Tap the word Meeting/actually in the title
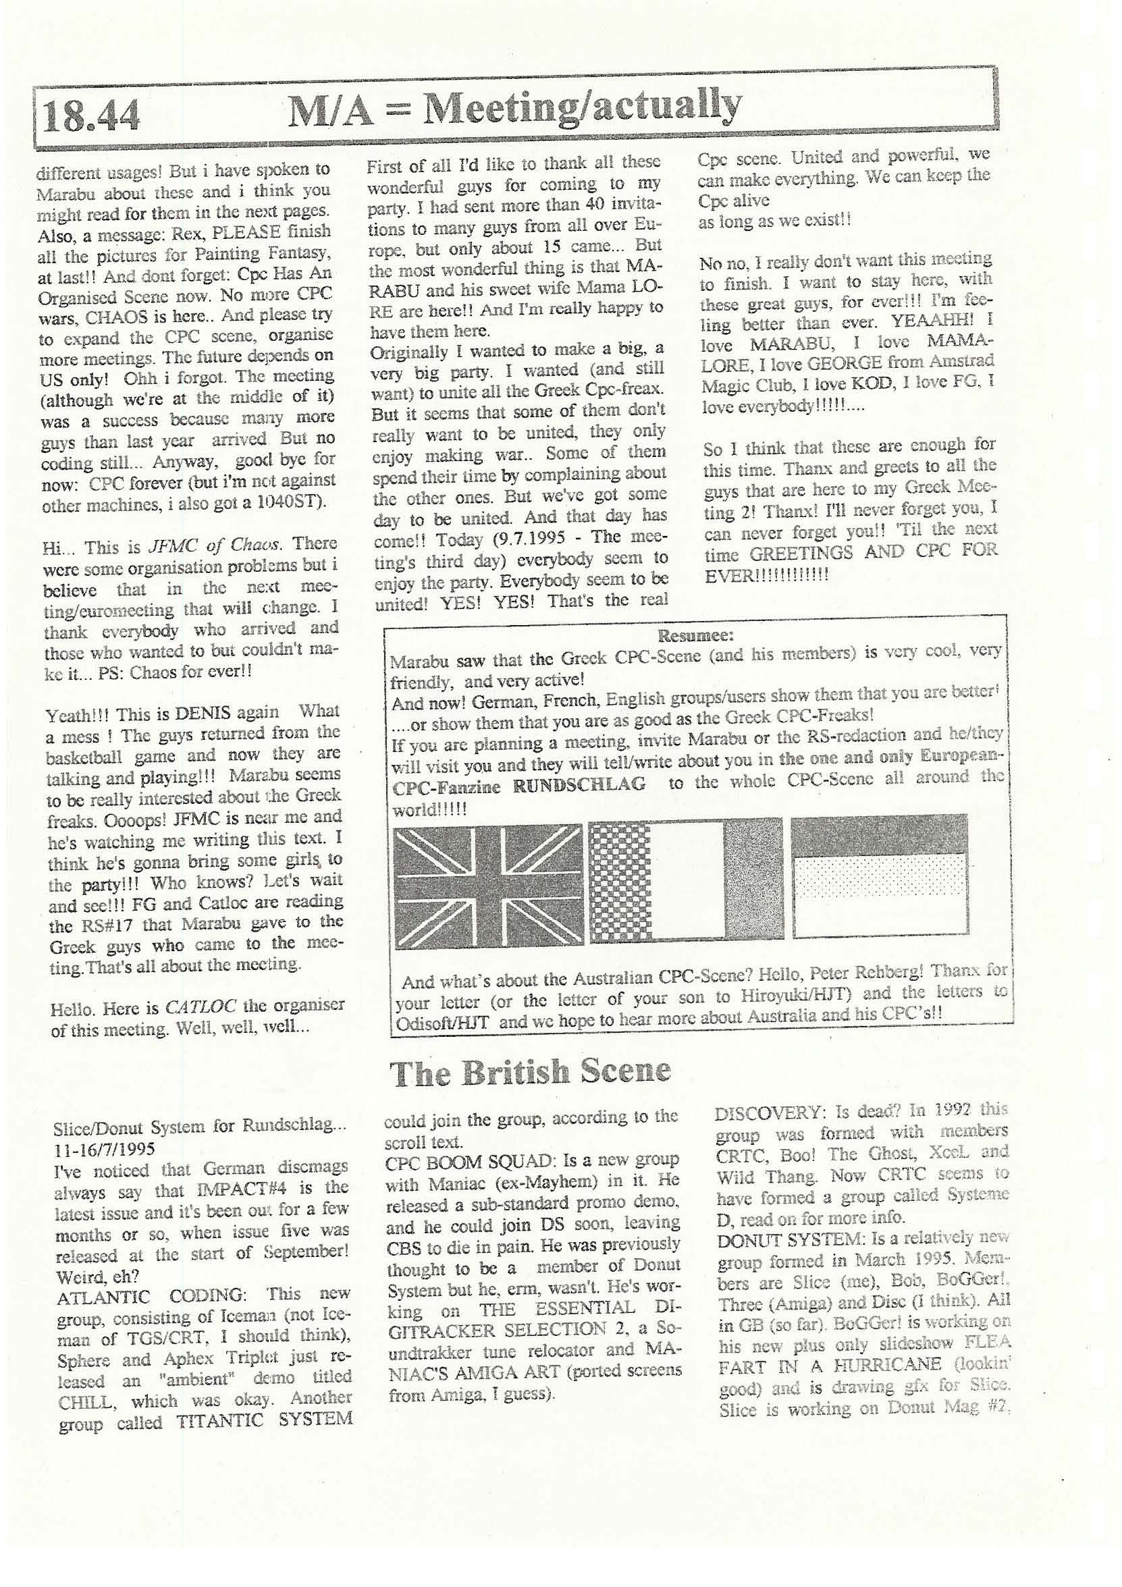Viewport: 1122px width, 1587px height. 581,107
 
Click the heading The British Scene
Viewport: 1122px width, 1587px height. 530,1071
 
